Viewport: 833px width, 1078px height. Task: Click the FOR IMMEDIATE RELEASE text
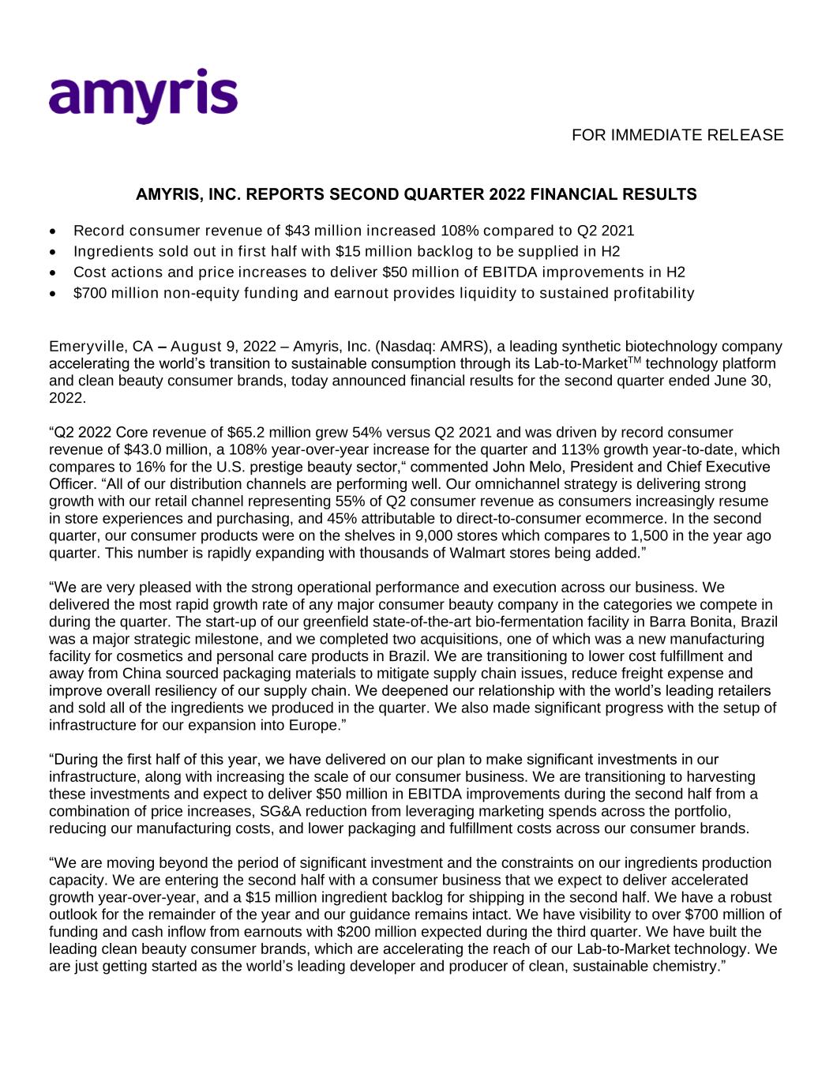pyautogui.click(x=677, y=135)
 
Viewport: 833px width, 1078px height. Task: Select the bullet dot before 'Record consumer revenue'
pyautogui.click(x=52, y=231)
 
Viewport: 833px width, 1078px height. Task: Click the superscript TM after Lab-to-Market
pyautogui.click(x=633, y=359)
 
